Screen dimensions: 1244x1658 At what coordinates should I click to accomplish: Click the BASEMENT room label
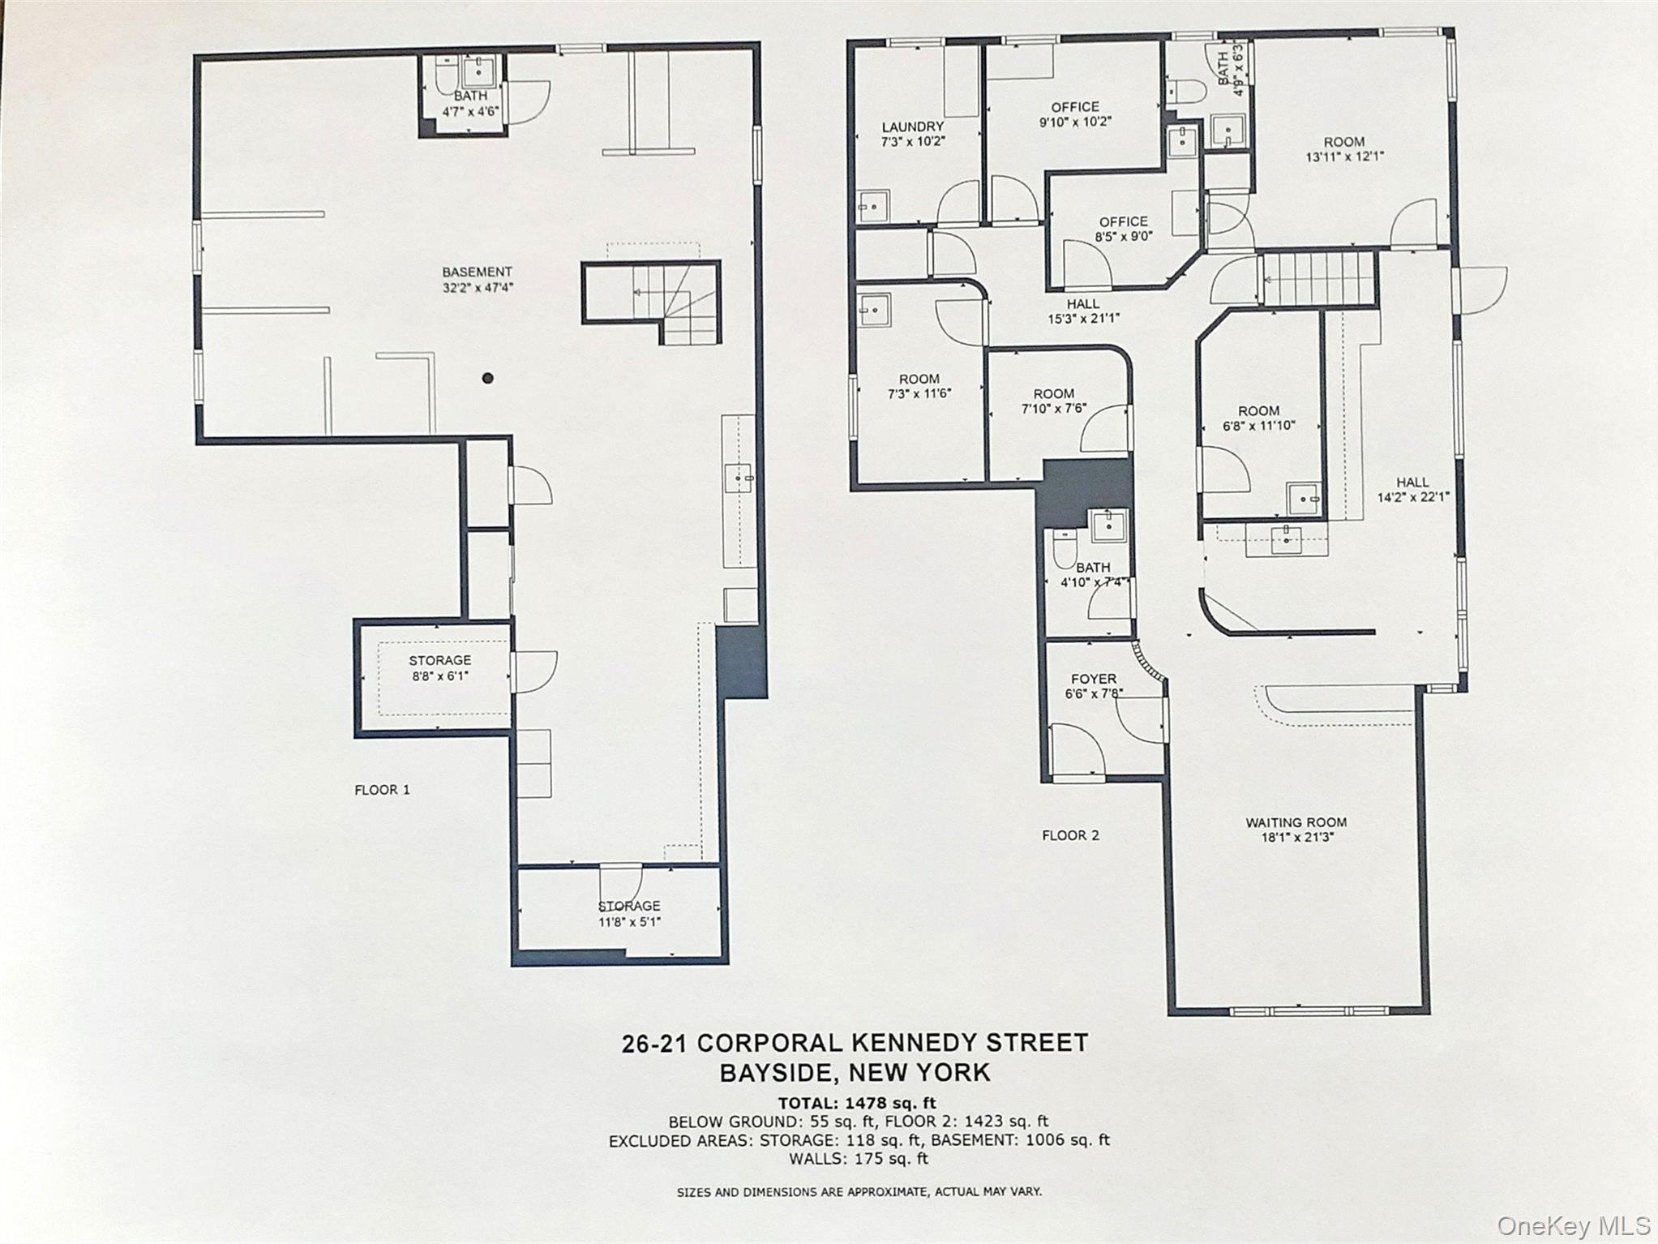[477, 272]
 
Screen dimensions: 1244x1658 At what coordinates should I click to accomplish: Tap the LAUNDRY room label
[912, 127]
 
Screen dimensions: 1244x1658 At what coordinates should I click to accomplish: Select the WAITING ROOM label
[1296, 822]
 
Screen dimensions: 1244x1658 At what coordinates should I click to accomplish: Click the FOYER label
[1093, 679]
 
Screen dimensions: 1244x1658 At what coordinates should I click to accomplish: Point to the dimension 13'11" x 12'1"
[1344, 157]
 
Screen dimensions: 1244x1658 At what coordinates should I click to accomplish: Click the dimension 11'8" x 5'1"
[629, 921]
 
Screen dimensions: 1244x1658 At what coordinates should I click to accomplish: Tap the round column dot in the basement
[488, 378]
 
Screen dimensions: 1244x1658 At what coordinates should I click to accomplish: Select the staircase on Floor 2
[1318, 279]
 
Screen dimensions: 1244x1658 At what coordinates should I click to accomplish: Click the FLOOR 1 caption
[382, 790]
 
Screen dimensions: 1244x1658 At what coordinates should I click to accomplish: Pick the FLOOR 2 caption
[1070, 835]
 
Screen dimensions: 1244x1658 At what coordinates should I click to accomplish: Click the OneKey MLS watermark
[1573, 1225]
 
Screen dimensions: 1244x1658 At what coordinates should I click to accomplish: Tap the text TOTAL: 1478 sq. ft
[856, 1103]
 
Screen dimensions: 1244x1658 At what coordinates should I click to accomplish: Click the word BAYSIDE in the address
[778, 1073]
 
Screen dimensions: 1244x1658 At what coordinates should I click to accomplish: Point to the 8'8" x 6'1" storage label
[439, 676]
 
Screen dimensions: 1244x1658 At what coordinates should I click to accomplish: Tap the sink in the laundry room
[873, 206]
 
